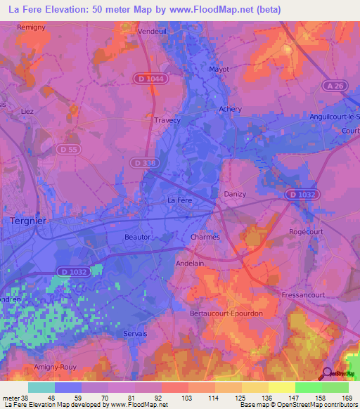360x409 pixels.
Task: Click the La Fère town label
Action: (179, 201)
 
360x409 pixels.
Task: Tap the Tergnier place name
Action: (28, 221)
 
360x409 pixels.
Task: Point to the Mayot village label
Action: (221, 70)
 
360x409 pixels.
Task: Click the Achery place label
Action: (230, 109)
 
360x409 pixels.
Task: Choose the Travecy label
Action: (167, 120)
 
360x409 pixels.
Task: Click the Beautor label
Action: (138, 237)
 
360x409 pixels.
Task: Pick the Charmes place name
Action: (205, 237)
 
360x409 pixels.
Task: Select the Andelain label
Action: (189, 264)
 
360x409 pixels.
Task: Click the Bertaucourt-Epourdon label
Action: (227, 313)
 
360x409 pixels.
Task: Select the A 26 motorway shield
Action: (335, 86)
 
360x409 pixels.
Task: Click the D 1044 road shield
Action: (151, 79)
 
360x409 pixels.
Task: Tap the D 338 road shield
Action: (145, 162)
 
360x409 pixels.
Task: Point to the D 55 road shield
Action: (68, 150)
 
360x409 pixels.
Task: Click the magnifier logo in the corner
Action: (328, 374)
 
